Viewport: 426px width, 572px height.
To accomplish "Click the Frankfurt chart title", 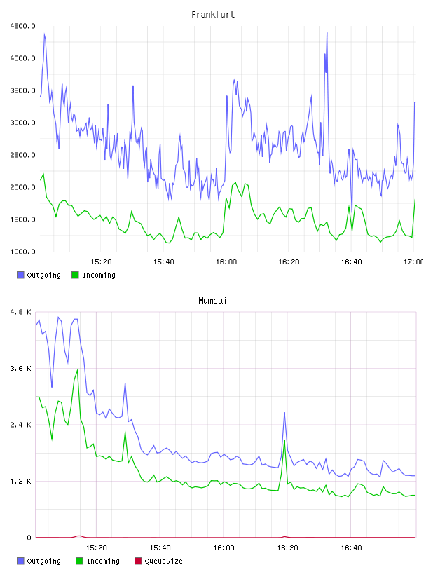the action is tap(213, 15).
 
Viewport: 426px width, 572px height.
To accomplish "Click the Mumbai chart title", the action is tap(212, 301).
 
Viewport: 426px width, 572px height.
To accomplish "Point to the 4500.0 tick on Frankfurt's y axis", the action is tap(23, 26).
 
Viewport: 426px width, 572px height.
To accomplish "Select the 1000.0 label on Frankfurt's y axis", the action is tap(23, 252).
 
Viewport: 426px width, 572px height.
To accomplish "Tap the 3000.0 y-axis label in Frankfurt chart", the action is tap(23, 123).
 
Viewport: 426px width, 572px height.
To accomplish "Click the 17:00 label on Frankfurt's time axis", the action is tap(413, 262).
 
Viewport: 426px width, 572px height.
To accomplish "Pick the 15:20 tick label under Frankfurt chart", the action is tap(101, 262).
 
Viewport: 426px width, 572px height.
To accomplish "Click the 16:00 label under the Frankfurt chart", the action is tap(226, 262).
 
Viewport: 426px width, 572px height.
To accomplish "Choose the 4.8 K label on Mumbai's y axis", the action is tap(21, 312).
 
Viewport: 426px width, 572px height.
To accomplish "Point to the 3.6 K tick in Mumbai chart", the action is tap(21, 369).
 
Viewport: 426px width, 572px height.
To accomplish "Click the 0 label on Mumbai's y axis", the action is tap(29, 538).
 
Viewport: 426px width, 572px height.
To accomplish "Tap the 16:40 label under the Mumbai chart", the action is tap(351, 548).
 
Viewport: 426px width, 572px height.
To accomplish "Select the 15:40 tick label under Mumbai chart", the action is tap(160, 548).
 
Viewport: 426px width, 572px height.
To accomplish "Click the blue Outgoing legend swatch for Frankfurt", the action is tap(20, 275).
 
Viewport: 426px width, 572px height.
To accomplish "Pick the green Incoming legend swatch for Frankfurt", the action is tap(75, 275).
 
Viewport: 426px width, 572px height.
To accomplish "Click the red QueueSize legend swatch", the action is tap(138, 561).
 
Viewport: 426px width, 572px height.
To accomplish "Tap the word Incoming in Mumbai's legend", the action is tap(103, 561).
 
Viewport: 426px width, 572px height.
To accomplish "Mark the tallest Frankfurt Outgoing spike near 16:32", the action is tap(327, 33).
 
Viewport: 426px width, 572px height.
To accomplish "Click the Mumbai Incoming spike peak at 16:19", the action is tap(284, 441).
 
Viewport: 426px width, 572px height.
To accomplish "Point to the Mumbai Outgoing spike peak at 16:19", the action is tap(284, 413).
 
